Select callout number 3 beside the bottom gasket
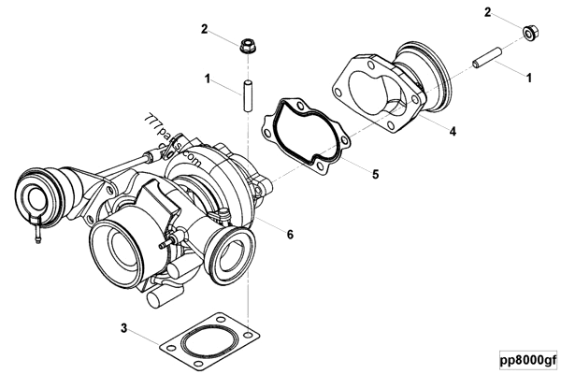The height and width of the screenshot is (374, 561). coord(123,327)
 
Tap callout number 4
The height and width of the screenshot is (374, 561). coord(453,132)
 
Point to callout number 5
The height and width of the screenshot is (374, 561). coord(375,174)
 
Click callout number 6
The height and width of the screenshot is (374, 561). coord(290,235)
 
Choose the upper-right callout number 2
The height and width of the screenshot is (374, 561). coord(488,11)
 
